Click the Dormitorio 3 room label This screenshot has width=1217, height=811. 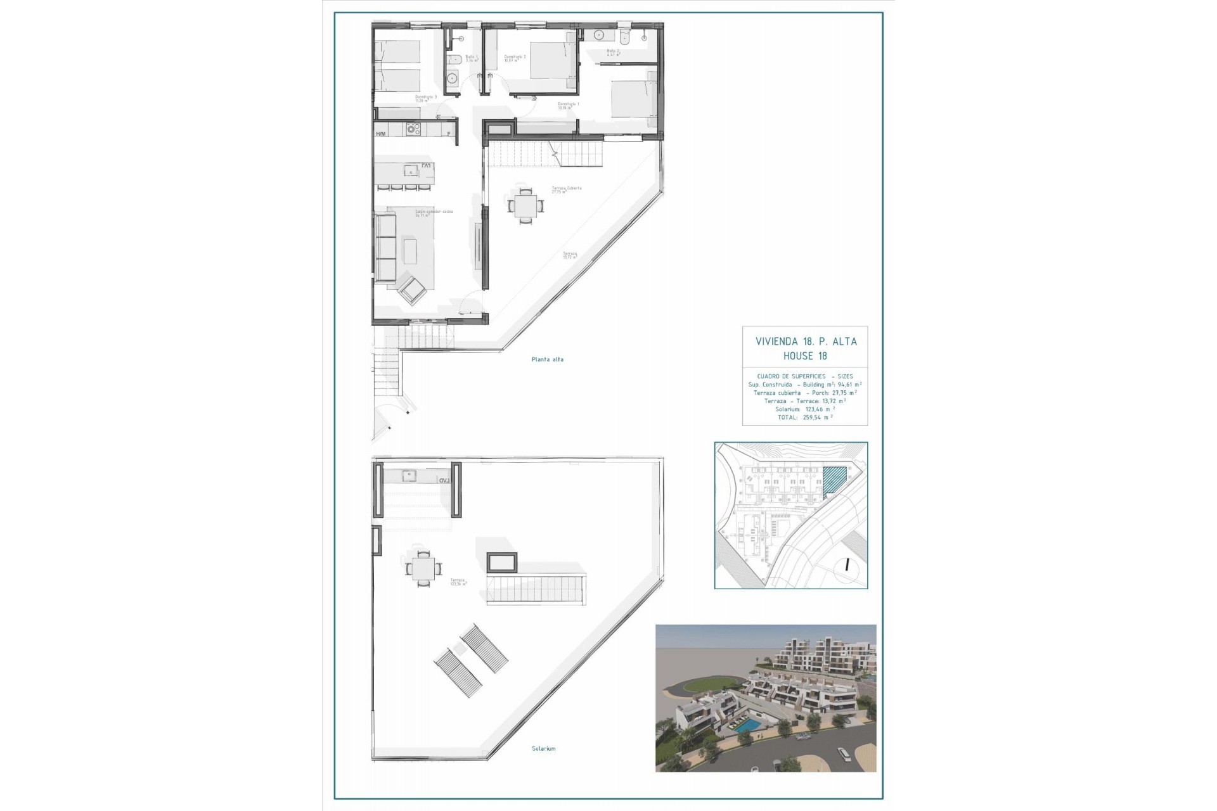coord(422,98)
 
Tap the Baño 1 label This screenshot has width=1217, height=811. coord(471,59)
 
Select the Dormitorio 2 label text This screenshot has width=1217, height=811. coord(515,58)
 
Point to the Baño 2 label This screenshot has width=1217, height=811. coord(612,53)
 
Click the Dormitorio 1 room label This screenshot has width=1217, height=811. coord(568,105)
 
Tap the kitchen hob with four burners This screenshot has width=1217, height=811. coord(413,129)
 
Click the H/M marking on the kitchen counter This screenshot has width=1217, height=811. coord(381,134)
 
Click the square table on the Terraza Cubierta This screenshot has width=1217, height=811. coord(525,206)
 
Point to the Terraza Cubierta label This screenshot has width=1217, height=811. coord(566,189)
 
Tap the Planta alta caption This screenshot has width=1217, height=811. coord(548,359)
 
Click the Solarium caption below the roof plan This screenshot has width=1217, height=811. coord(543,748)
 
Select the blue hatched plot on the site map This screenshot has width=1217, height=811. coord(835,480)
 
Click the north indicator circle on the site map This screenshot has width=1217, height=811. coord(847,566)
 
